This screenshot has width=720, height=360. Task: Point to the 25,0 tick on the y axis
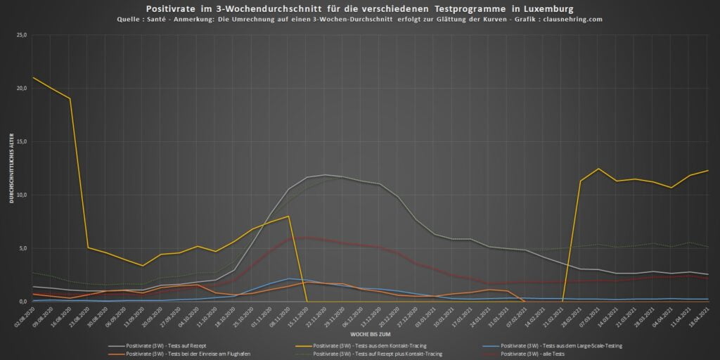[x=21, y=34]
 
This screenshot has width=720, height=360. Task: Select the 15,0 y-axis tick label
[x=21, y=141]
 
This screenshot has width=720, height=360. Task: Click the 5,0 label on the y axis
[x=22, y=248]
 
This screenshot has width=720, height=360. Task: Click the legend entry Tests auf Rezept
[x=162, y=345]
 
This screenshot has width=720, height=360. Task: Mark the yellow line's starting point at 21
[x=33, y=77]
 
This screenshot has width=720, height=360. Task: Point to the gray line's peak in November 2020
[x=325, y=175]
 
